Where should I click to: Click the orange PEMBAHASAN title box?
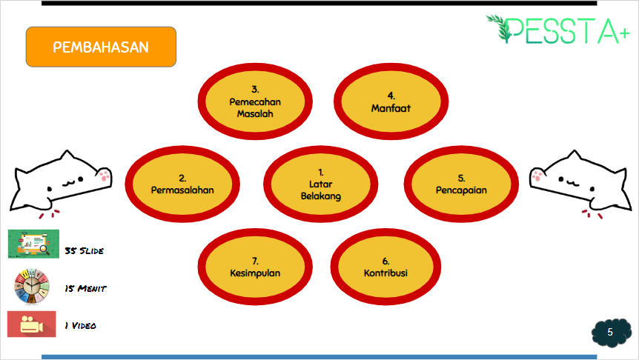tap(101, 47)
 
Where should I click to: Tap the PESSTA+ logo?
tap(558, 30)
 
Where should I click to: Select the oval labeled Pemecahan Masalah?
tap(255, 101)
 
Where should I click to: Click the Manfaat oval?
tap(391, 101)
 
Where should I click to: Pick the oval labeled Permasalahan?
tap(182, 184)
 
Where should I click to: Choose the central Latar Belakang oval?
tap(321, 184)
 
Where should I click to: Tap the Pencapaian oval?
tap(461, 184)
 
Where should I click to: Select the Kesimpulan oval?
tap(255, 267)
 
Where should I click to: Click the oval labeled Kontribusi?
tap(385, 267)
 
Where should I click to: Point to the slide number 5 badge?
tap(612, 333)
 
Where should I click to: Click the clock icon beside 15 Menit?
tap(32, 287)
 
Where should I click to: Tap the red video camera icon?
tap(31, 324)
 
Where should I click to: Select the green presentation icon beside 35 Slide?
tap(33, 244)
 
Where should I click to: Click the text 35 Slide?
tap(84, 251)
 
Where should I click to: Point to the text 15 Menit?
tap(85, 288)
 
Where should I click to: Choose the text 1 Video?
tap(80, 325)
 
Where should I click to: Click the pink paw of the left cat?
tap(105, 176)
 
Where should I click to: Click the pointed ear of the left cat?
tap(67, 156)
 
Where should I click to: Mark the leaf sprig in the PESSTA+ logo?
tap(499, 27)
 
